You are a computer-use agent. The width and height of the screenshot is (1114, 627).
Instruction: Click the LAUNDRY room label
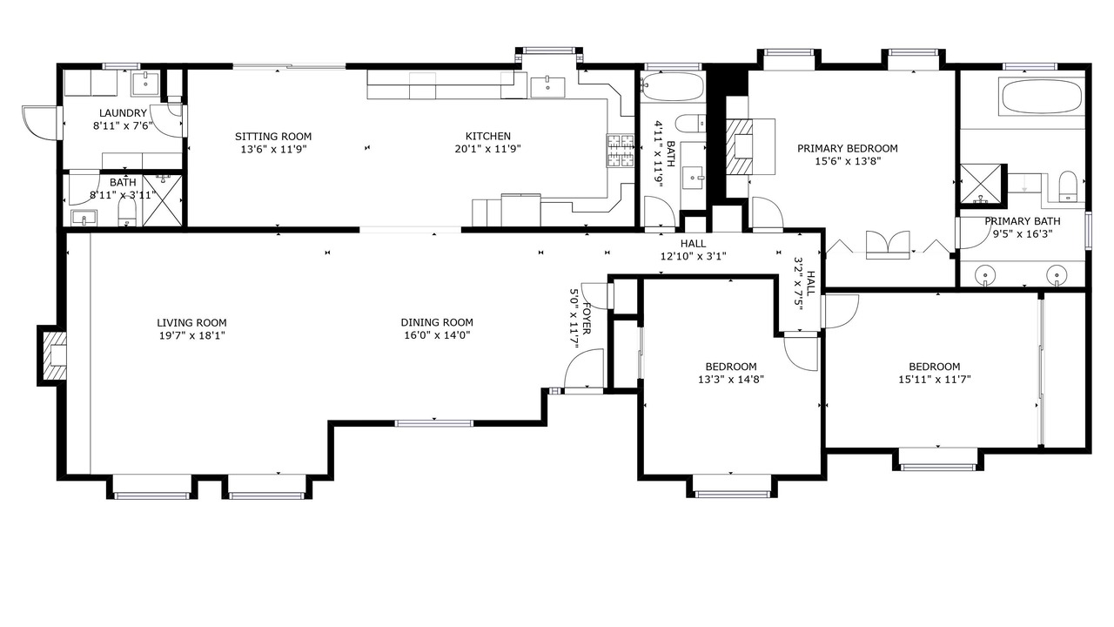pyautogui.click(x=123, y=113)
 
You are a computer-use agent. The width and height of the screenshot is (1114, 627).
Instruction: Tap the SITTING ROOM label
pyautogui.click(x=273, y=136)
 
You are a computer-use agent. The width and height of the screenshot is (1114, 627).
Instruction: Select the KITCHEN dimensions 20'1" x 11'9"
pyautogui.click(x=487, y=149)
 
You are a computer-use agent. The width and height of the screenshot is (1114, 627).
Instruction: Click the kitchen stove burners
pyautogui.click(x=620, y=151)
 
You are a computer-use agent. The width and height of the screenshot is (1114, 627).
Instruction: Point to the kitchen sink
pyautogui.click(x=547, y=88)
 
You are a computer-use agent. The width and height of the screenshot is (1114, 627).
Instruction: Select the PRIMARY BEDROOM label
pyautogui.click(x=848, y=148)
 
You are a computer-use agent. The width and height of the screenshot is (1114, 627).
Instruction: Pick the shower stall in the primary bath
pyautogui.click(x=980, y=184)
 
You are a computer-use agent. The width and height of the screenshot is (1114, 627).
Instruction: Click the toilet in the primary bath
pyautogui.click(x=1067, y=186)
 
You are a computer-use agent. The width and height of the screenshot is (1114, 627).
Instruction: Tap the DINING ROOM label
pyautogui.click(x=437, y=322)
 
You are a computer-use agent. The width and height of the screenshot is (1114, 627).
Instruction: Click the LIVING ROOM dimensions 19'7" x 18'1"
pyautogui.click(x=192, y=335)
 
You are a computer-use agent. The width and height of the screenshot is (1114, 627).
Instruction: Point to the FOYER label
pyautogui.click(x=587, y=319)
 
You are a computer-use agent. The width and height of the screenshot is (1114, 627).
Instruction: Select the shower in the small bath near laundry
pyautogui.click(x=163, y=199)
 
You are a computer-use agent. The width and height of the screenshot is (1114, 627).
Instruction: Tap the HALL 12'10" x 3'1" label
pyautogui.click(x=694, y=250)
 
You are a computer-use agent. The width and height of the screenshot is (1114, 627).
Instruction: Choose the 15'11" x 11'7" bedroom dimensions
pyautogui.click(x=935, y=380)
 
